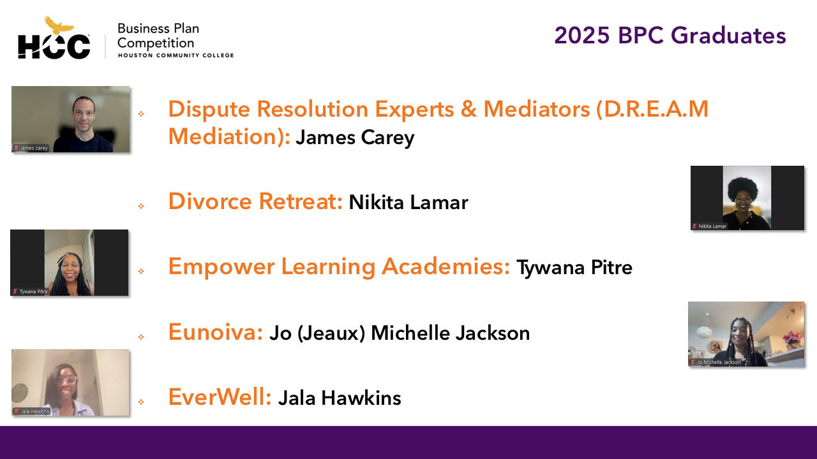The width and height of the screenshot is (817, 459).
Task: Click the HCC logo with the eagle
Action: tap(54, 38)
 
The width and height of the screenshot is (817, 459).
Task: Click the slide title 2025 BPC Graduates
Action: tap(670, 36)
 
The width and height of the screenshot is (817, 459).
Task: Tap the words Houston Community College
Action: tap(176, 55)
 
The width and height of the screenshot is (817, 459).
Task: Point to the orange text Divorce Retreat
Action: tap(255, 201)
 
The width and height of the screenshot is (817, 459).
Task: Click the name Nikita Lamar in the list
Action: tap(408, 202)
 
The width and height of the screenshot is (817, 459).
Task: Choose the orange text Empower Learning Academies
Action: tap(339, 266)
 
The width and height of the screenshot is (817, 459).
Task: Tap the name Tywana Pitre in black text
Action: tap(574, 268)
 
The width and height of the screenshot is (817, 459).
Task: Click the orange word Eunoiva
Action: tap(216, 332)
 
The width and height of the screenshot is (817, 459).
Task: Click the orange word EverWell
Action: tap(220, 397)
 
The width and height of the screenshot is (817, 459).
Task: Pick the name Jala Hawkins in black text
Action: tap(340, 398)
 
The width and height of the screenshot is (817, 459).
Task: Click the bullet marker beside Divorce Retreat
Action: tap(141, 206)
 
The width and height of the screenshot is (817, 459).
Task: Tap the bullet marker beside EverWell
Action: tap(141, 402)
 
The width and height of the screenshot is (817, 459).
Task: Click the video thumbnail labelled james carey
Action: tap(70, 119)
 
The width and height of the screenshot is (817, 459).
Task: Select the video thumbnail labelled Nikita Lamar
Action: tap(747, 198)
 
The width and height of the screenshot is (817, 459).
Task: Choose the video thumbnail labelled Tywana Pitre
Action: tap(70, 262)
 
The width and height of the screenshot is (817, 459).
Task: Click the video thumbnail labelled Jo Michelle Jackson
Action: tap(746, 334)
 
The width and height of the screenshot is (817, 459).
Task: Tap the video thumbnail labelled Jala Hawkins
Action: tap(70, 382)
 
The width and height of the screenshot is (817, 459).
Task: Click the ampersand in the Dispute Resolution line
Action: tap(469, 109)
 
